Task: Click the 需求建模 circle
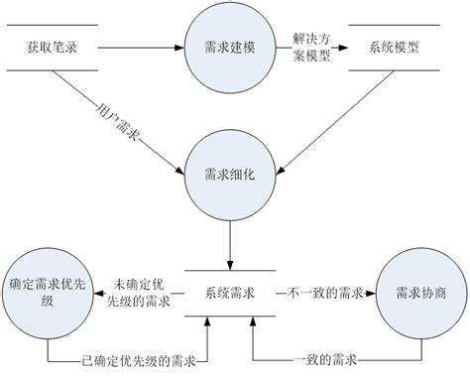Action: pos(230,46)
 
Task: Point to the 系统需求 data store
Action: pos(230,294)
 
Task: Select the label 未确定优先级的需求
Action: pos(140,294)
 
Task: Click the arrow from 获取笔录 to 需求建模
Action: pos(139,46)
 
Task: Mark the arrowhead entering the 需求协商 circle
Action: pos(373,294)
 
